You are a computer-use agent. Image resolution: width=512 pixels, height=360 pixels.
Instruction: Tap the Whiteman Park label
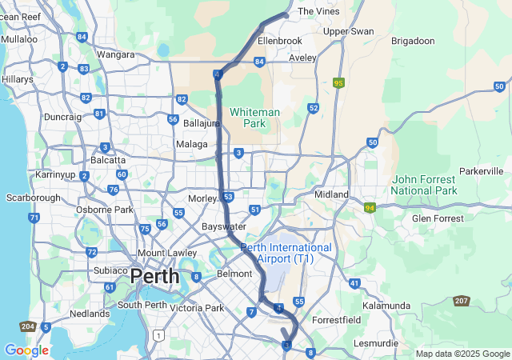(x=254, y=118)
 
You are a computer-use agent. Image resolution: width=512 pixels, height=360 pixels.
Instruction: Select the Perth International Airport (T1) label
(x=286, y=254)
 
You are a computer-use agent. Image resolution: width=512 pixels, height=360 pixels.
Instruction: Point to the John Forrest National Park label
(x=424, y=186)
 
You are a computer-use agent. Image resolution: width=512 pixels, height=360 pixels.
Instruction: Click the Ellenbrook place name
(x=280, y=40)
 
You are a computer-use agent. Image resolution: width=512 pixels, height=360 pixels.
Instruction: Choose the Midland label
(x=332, y=194)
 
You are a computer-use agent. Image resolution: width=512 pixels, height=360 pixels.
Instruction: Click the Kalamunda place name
(x=386, y=306)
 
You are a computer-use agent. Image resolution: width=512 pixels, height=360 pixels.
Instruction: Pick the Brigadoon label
(x=414, y=40)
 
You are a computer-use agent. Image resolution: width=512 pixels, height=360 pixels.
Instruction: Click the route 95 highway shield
(x=339, y=82)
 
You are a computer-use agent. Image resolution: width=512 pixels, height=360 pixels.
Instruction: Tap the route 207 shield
(x=462, y=301)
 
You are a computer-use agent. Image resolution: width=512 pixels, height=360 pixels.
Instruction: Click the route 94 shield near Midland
(x=370, y=208)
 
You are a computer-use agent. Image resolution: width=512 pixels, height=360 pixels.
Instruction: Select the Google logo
(x=26, y=350)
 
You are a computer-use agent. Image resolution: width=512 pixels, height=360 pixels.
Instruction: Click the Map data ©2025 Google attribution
(x=462, y=354)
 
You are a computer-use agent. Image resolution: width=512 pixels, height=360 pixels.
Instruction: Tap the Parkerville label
(x=481, y=171)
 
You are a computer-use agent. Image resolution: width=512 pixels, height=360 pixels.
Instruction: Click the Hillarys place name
(x=18, y=80)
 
